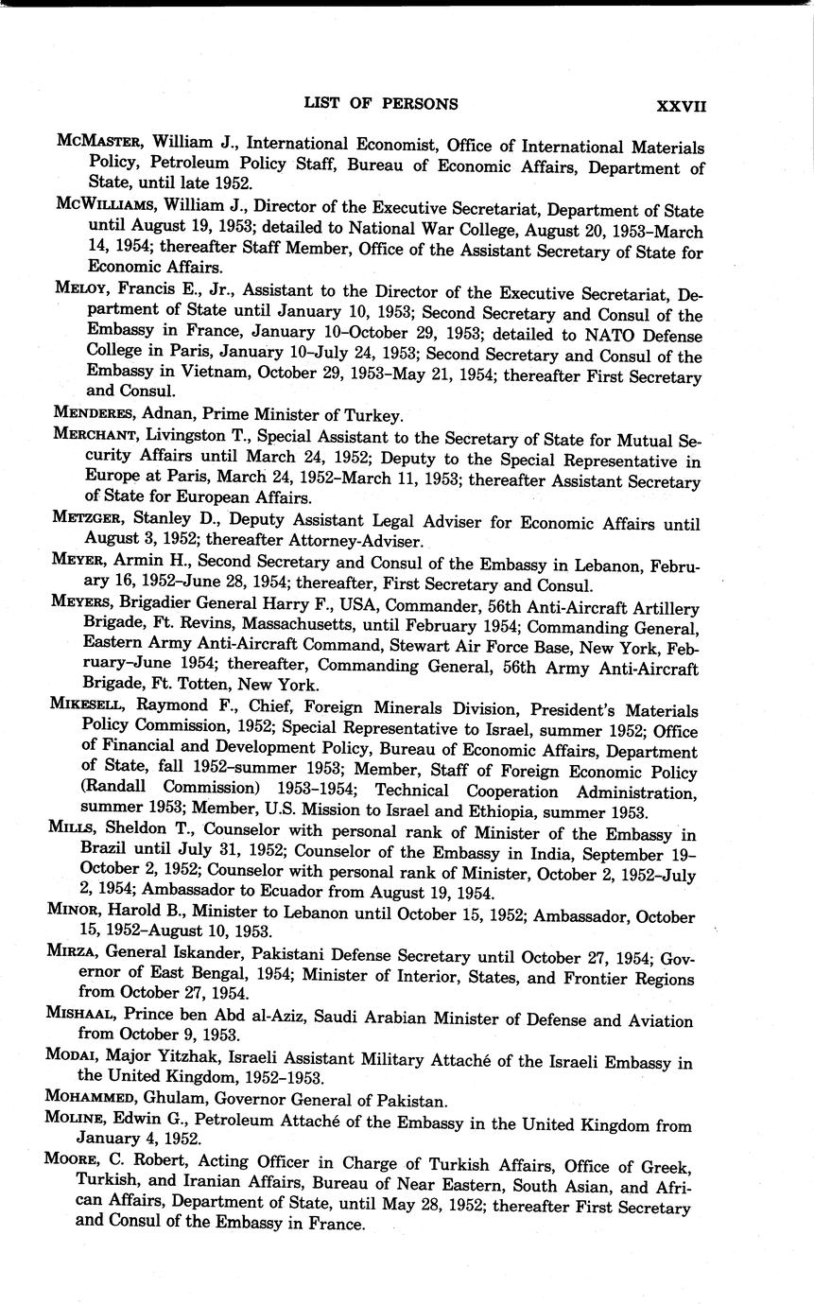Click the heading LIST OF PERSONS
pyautogui.click(x=380, y=104)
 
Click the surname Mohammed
pyautogui.click(x=98, y=1099)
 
